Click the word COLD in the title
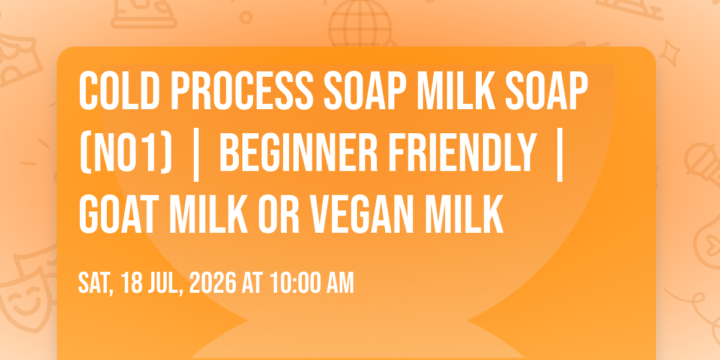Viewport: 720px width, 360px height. click(x=119, y=91)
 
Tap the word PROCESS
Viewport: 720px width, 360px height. click(x=242, y=91)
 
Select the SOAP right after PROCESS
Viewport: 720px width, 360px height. click(x=365, y=91)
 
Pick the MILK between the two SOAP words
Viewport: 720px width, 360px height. click(x=456, y=91)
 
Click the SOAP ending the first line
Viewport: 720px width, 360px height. click(x=547, y=91)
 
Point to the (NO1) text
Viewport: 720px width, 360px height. click(x=125, y=152)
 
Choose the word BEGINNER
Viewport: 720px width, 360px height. click(x=299, y=152)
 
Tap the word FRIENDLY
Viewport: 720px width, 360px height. click(x=463, y=152)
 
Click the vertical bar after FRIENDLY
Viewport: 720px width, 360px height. click(x=560, y=155)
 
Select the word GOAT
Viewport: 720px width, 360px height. click(x=119, y=214)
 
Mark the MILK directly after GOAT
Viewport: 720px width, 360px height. click(x=209, y=214)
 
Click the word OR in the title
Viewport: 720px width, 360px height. click(x=278, y=214)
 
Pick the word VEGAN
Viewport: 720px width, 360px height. click(x=362, y=214)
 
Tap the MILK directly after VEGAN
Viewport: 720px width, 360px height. click(x=464, y=214)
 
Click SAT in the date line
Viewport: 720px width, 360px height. click(x=96, y=283)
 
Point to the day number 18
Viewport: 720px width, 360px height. click(x=132, y=283)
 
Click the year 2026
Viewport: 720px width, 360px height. click(x=213, y=283)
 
